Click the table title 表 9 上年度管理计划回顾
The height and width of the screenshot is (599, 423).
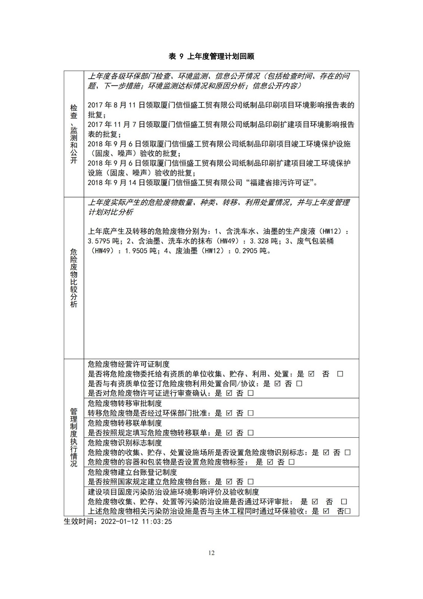[211, 57]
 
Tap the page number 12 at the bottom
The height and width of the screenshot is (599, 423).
[212, 553]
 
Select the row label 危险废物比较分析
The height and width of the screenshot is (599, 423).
[74, 278]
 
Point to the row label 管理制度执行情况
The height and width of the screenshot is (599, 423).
[74, 437]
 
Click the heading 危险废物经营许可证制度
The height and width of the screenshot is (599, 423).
[129, 364]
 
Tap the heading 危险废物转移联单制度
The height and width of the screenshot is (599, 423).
[125, 423]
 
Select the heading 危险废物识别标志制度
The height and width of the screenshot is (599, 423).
[125, 443]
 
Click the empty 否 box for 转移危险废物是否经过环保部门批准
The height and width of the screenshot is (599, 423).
[251, 413]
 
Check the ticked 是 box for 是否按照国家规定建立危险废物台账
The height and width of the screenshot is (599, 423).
[229, 482]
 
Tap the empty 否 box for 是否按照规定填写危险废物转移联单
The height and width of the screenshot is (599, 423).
[251, 433]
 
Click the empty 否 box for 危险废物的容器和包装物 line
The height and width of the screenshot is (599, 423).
[292, 462]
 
